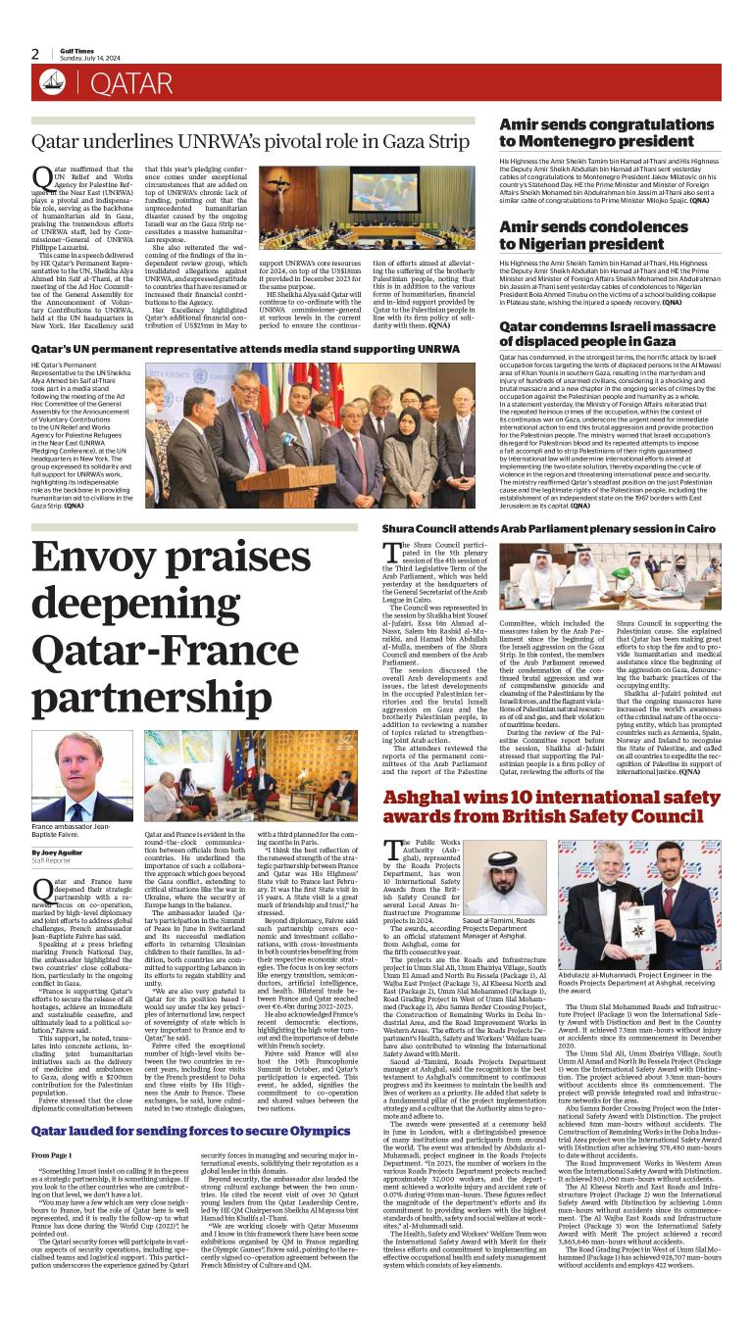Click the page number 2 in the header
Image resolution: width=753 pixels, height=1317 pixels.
click(x=35, y=55)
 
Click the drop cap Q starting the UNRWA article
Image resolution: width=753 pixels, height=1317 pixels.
click(x=41, y=177)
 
